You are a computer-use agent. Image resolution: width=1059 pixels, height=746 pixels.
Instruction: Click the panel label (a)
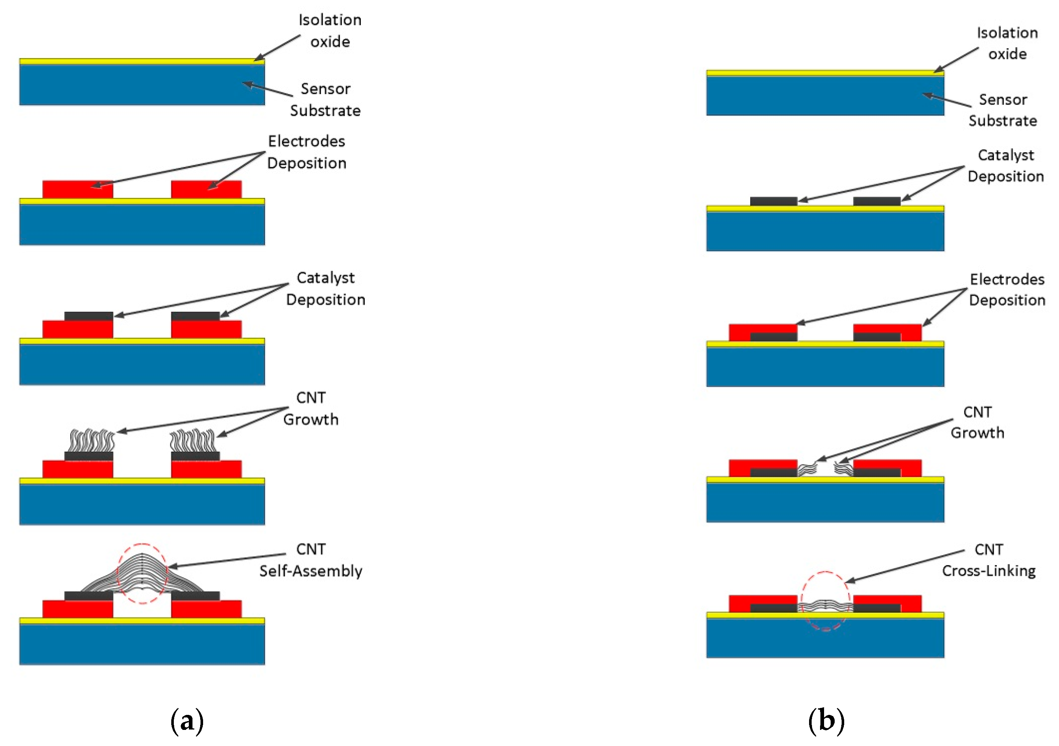pos(187,721)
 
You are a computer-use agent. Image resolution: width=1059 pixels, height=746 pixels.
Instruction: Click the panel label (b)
pos(826,721)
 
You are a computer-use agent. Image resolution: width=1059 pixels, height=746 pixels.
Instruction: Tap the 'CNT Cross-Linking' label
pos(988,560)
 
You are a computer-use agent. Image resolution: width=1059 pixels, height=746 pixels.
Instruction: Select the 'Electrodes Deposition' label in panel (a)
pos(306,152)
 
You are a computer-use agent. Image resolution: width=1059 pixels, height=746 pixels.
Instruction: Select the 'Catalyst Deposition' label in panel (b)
pos(1006,165)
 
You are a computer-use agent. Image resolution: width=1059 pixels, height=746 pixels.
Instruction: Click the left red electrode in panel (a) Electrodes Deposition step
pos(78,190)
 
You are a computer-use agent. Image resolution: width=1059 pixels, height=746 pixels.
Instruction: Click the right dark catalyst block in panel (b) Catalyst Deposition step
pos(876,201)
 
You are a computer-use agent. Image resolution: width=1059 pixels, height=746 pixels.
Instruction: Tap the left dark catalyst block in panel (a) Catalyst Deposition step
pos(89,316)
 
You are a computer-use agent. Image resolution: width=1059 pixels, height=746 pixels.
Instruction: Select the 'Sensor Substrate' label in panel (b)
pos(1002,110)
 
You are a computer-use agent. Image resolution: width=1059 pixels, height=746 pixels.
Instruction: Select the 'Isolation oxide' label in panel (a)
pos(329,30)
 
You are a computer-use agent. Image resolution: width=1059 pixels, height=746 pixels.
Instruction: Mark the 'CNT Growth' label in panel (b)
pos(977,422)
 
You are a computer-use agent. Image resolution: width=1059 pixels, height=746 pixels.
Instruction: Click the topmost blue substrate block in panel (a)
pos(142,85)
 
